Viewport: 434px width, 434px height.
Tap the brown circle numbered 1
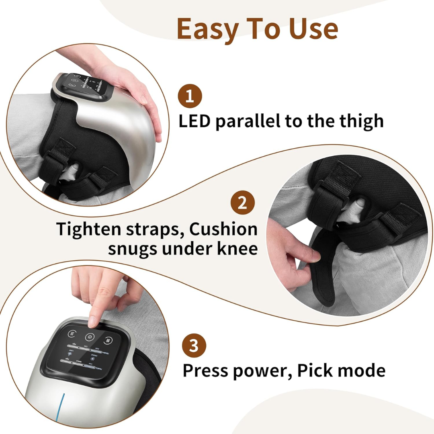coord(190,97)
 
